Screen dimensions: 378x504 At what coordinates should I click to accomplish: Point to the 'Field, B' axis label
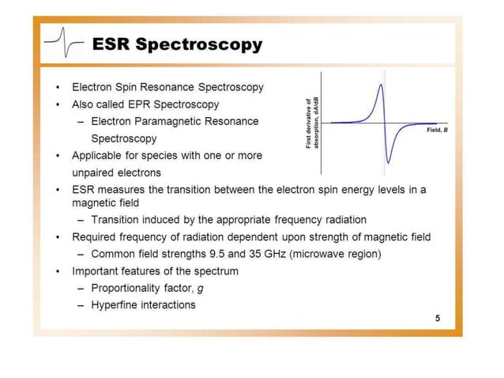point(437,128)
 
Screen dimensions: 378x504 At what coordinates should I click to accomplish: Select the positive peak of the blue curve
point(382,85)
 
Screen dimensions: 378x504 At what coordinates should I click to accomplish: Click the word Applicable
point(98,156)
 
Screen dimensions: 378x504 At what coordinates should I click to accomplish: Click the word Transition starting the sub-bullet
point(117,219)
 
